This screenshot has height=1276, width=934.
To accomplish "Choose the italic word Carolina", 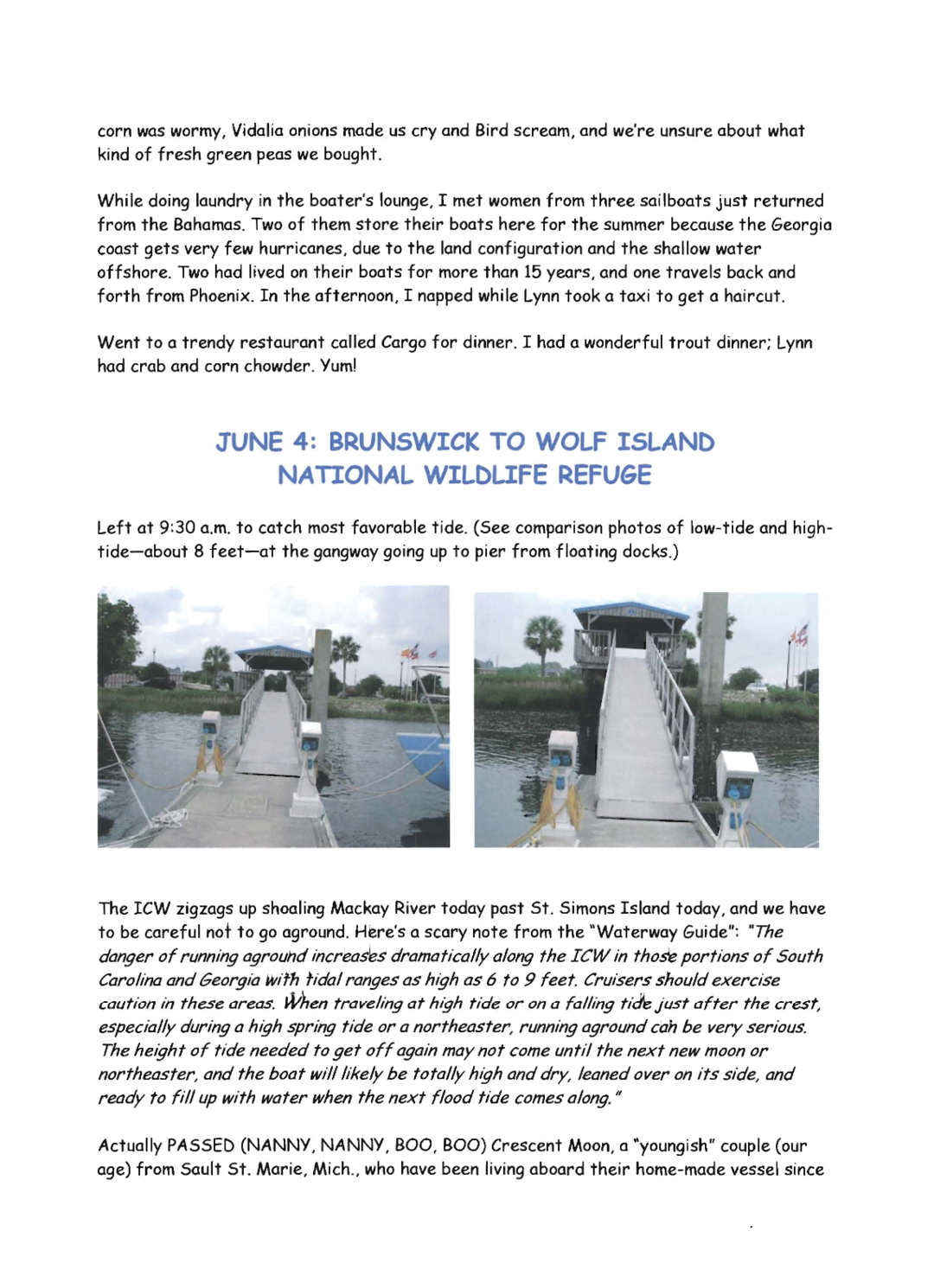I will point(129,980).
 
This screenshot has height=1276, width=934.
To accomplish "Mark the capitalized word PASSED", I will point(200,1146).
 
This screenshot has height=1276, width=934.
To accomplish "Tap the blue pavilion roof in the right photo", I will point(632,613).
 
